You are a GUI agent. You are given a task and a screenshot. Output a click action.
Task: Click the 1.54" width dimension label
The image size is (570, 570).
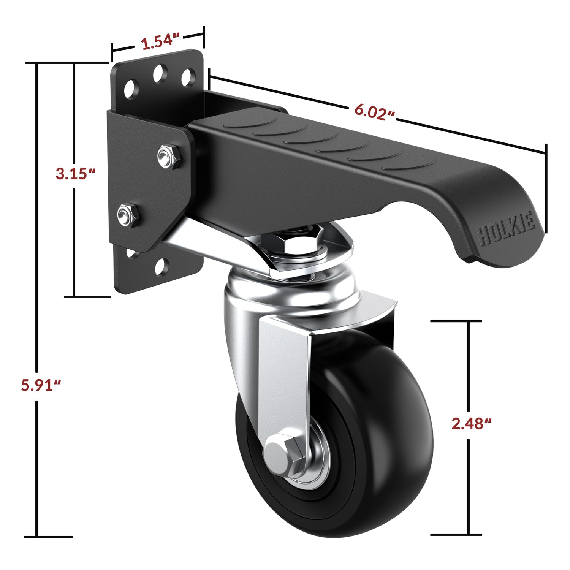click(160, 41)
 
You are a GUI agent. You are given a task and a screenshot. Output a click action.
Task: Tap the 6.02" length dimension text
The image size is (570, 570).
click(374, 112)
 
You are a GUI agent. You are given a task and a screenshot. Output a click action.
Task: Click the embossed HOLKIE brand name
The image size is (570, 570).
click(507, 231)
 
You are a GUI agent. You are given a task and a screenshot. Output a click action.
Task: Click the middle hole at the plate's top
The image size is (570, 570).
click(160, 73)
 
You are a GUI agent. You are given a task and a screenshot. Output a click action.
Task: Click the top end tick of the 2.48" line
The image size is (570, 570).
click(456, 321)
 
